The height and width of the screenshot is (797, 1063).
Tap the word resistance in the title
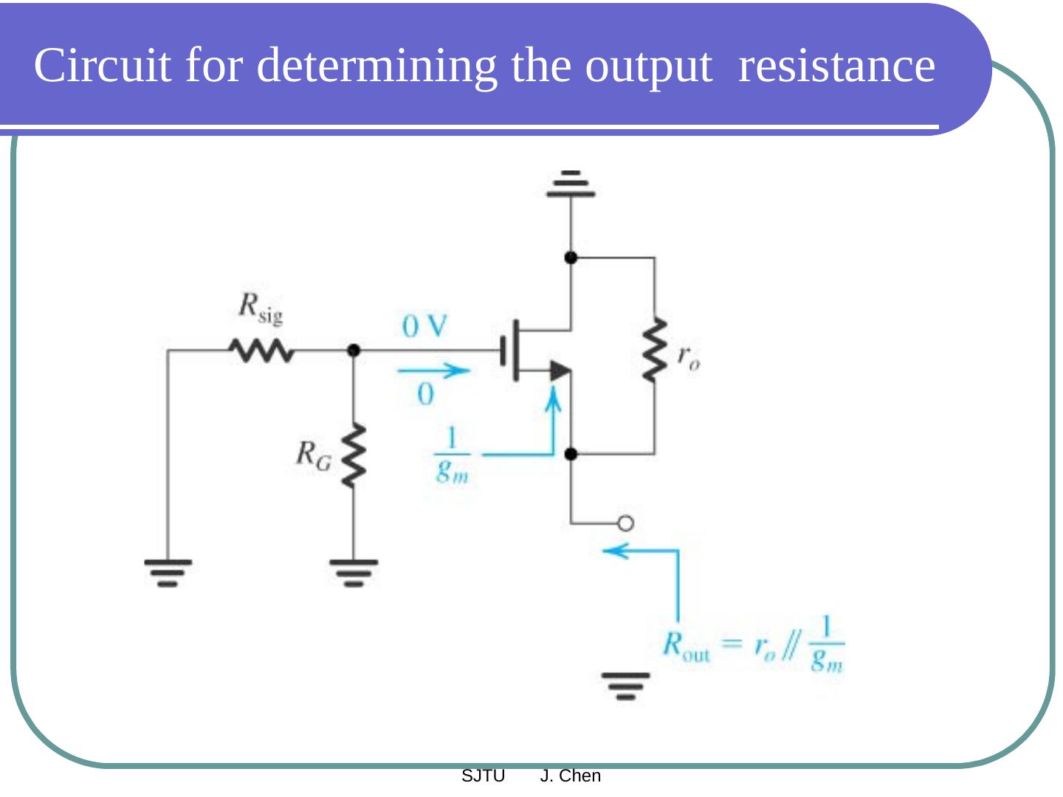836,65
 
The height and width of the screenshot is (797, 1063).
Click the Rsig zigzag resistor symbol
261,351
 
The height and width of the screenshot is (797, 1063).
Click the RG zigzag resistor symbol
354,455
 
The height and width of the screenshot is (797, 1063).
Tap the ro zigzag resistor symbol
654,351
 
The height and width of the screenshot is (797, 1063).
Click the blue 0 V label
424,325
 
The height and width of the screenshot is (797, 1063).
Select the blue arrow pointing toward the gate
433,370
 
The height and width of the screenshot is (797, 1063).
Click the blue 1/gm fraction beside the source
451,455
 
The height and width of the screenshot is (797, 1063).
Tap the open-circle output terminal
625,524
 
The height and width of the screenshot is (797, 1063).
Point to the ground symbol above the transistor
571,184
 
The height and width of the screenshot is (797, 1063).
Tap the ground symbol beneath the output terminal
625,685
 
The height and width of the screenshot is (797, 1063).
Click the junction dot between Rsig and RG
354,351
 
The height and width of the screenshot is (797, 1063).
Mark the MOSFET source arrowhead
560,370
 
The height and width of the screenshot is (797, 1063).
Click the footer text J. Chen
570,776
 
